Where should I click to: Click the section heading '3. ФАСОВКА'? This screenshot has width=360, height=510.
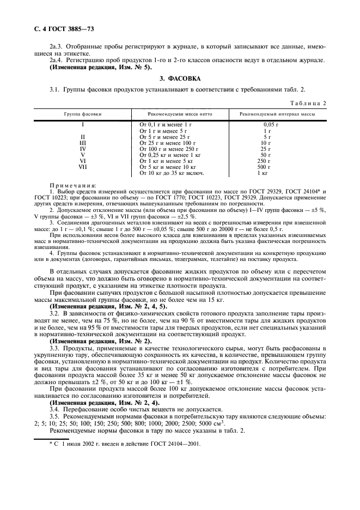(x=179, y=78)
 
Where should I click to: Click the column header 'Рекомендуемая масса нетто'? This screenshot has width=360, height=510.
(x=180, y=114)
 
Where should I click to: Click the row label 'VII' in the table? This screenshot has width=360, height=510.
(x=83, y=167)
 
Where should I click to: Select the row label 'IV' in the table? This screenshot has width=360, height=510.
(x=83, y=149)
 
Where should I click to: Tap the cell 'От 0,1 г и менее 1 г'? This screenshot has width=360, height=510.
(x=166, y=125)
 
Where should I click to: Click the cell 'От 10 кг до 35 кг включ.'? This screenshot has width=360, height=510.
(x=172, y=173)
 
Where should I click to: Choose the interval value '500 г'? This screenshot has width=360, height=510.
(x=267, y=167)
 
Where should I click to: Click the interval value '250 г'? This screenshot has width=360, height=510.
(x=267, y=161)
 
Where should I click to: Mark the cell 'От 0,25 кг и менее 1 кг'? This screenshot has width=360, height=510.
(x=170, y=155)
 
